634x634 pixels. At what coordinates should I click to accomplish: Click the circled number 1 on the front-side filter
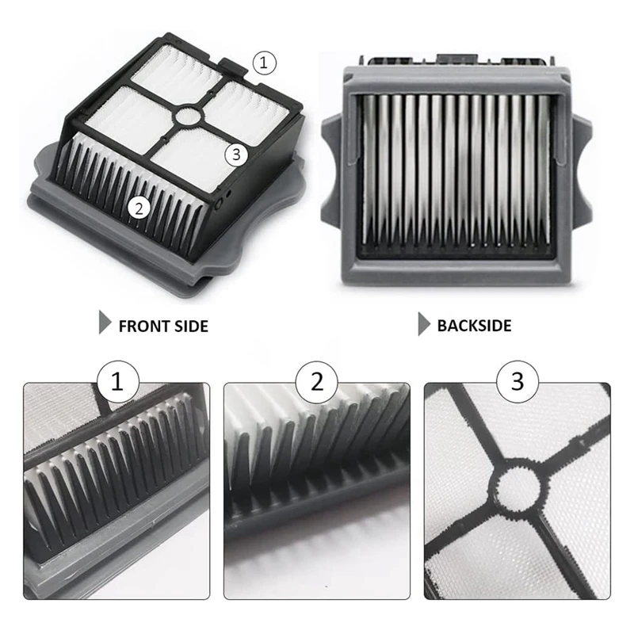[x=265, y=62]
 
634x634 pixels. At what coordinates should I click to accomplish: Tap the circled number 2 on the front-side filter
[x=139, y=208]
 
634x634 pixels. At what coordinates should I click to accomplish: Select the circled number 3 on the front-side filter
[x=235, y=155]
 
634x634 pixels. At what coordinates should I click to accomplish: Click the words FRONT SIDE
[x=163, y=326]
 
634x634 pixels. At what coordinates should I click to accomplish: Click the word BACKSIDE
[x=474, y=325]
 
